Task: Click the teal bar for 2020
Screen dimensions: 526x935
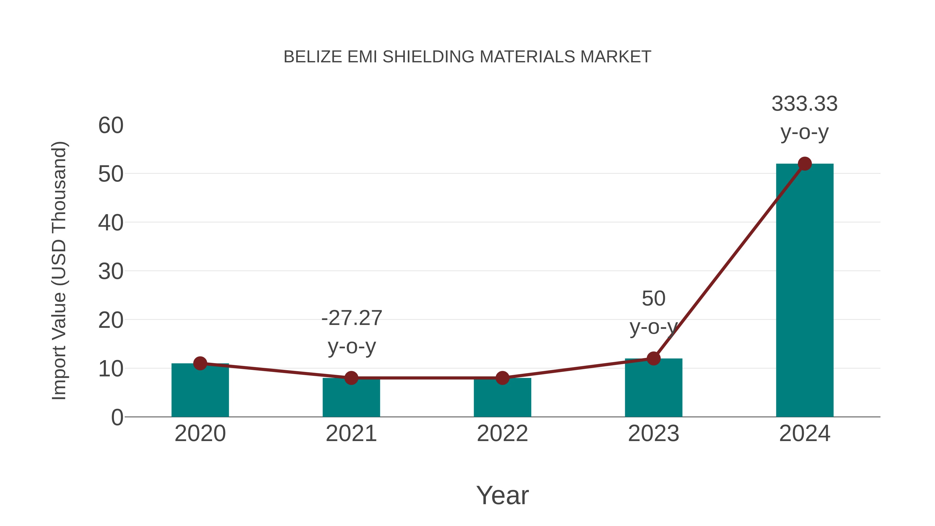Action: point(200,392)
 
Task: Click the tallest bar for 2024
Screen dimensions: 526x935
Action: point(805,290)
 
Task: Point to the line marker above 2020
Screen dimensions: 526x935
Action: point(200,363)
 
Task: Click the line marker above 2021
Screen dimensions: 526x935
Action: point(351,378)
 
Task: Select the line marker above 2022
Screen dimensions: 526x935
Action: point(502,378)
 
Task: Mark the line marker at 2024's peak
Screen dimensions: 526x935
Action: point(805,164)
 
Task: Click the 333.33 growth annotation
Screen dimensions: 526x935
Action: point(804,104)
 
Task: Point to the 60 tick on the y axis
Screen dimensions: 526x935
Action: point(111,126)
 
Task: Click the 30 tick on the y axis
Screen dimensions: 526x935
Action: point(111,271)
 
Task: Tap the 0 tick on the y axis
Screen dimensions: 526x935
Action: point(117,417)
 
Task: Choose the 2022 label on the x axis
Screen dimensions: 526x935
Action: point(502,434)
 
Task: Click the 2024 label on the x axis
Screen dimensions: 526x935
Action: point(805,434)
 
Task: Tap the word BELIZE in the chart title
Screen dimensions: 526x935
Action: point(312,57)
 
